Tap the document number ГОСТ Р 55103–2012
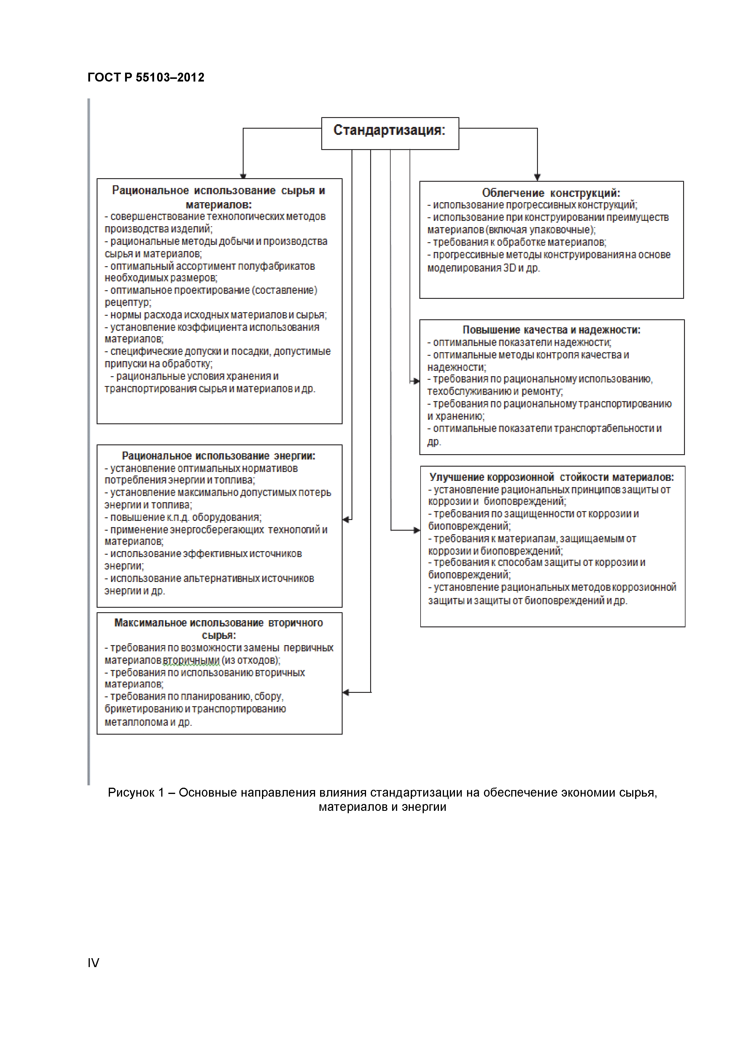[x=146, y=77]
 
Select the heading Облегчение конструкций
[x=551, y=193]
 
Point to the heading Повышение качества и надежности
[x=551, y=330]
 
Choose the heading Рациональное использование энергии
[x=219, y=456]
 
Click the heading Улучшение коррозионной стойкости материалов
[x=552, y=477]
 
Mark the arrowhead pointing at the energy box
[x=346, y=519]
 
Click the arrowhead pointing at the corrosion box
[x=417, y=530]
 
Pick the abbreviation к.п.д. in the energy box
[x=178, y=517]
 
